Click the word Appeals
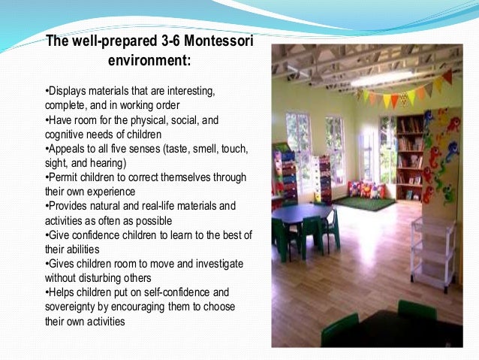pyautogui.click(x=67, y=149)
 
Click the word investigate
pyautogui.click(x=202, y=263)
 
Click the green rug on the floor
pyautogui.click(x=364, y=203)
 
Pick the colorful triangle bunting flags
pyautogui.click(x=405, y=90)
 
